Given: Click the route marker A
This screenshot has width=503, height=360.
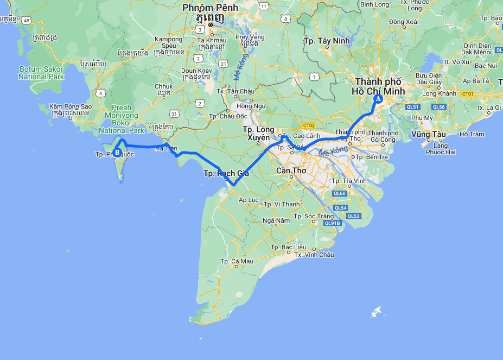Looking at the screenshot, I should click(x=378, y=99).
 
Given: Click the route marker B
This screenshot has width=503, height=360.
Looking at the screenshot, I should click(x=117, y=151).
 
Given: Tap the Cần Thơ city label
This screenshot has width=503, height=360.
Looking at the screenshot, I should click(x=291, y=170).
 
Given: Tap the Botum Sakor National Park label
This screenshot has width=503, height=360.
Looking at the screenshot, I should click(x=41, y=73).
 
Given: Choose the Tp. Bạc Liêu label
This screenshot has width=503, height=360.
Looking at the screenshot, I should click(x=288, y=247).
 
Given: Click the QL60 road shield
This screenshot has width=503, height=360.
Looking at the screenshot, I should click(x=340, y=193).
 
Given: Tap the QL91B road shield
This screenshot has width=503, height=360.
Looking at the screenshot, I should click(x=332, y=223).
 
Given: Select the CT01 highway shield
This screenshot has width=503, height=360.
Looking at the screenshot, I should click(x=468, y=94).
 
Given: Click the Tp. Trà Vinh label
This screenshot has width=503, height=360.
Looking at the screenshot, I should click(x=345, y=181).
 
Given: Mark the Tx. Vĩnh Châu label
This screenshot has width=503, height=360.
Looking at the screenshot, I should click(x=314, y=254).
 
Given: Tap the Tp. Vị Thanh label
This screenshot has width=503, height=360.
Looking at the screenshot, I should click(x=281, y=204).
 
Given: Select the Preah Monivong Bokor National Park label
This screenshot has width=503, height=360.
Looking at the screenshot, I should click(x=122, y=119).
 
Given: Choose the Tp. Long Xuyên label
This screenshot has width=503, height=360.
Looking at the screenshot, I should click(x=258, y=133).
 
